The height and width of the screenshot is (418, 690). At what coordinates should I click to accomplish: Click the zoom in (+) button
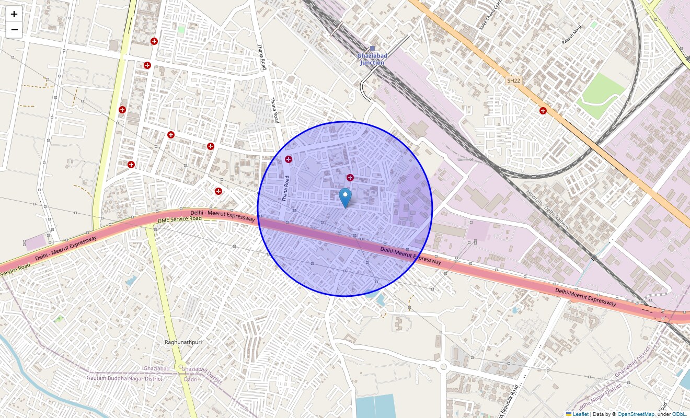14,14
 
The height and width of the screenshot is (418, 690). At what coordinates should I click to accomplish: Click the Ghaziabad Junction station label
371,59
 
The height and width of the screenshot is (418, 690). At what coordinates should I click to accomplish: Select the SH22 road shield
513,80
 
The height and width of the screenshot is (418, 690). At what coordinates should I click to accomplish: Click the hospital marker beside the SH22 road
543,111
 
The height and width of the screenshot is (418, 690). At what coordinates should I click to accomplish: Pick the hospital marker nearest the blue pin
350,178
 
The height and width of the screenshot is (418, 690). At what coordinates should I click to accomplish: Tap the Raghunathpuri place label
183,342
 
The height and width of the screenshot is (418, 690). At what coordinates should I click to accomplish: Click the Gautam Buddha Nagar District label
124,378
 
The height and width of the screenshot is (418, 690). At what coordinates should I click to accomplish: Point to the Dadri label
191,379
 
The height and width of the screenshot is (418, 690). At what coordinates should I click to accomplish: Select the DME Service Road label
179,220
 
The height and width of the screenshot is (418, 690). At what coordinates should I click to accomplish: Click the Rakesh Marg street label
571,38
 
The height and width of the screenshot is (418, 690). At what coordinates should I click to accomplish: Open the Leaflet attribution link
580,414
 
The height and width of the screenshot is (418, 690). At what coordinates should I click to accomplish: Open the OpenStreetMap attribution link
636,414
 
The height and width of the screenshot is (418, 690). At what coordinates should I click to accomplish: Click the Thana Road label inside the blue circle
285,189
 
